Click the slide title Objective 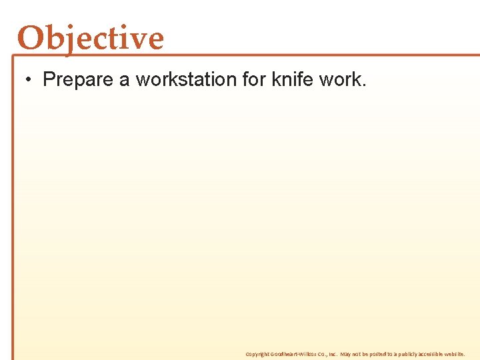tap(91, 38)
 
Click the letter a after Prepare tap(124, 80)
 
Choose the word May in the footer tap(345, 354)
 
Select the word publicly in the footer tap(407, 354)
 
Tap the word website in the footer tap(457, 354)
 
